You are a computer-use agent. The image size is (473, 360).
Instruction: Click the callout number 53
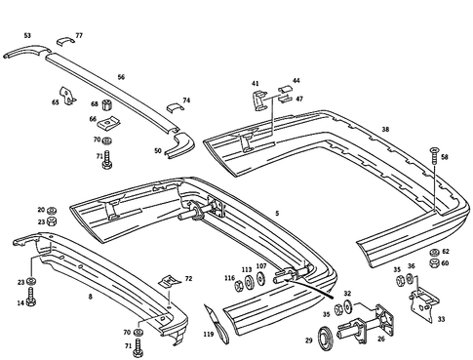click(x=26, y=35)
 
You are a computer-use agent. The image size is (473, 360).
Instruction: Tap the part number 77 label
click(x=79, y=35)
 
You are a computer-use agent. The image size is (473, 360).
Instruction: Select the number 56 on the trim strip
click(x=121, y=75)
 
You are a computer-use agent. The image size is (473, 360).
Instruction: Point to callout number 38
click(x=385, y=128)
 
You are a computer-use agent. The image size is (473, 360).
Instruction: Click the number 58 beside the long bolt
click(x=445, y=156)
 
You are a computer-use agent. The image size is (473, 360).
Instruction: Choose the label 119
click(x=208, y=334)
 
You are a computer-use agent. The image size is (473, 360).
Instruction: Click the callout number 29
click(x=309, y=340)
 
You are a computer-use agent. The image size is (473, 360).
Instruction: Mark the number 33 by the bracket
click(x=440, y=318)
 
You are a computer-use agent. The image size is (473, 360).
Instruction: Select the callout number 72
click(x=188, y=278)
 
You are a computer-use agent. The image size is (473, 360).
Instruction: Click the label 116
click(x=229, y=279)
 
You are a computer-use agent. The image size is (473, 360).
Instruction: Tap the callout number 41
click(x=256, y=84)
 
